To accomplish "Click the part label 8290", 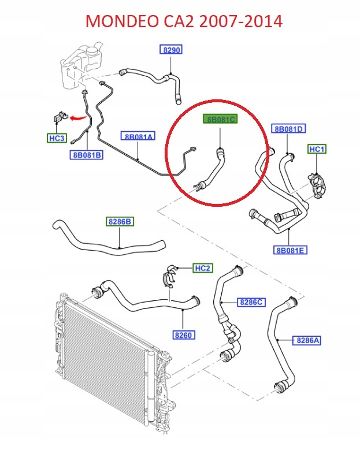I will coord(172,50).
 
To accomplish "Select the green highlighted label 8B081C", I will coord(220,120).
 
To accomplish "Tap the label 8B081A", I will coord(138,136).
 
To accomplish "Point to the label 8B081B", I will coord(87,155).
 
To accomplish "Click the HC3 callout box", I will coord(57,139).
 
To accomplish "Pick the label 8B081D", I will coord(289,129).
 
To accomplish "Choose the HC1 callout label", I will coord(317,150).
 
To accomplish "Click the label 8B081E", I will coord(290,250).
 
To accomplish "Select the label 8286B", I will coord(120,221).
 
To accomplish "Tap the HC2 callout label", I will coord(202,268).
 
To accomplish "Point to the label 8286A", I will coord(308,340).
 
